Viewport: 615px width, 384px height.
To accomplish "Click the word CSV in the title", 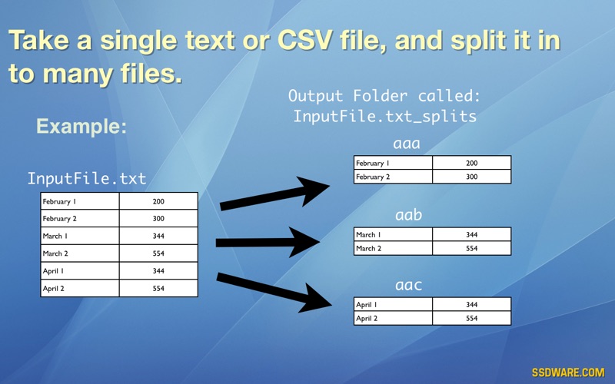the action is pyautogui.click(x=304, y=40).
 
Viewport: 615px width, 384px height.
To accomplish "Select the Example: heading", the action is pyautogui.click(x=81, y=126).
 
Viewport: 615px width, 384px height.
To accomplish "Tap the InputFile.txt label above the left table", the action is pyautogui.click(x=87, y=178).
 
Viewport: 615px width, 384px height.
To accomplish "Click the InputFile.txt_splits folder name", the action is pyautogui.click(x=385, y=117).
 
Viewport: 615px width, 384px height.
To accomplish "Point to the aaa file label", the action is pyautogui.click(x=407, y=144).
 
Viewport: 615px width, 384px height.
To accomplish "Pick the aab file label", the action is pyautogui.click(x=408, y=214).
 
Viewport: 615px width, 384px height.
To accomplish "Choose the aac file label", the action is pyautogui.click(x=408, y=285).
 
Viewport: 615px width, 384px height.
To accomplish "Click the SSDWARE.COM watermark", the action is pyautogui.click(x=568, y=372).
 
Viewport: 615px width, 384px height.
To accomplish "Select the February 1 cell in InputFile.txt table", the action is pyautogui.click(x=80, y=201).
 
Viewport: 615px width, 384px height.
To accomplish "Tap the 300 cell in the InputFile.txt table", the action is pyautogui.click(x=158, y=218).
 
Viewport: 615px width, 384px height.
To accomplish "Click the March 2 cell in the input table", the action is pyautogui.click(x=80, y=253).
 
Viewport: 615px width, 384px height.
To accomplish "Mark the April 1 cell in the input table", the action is pyautogui.click(x=80, y=271).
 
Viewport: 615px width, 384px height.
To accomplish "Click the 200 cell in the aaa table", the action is pyautogui.click(x=471, y=163).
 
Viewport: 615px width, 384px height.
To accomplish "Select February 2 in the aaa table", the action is pyautogui.click(x=393, y=177).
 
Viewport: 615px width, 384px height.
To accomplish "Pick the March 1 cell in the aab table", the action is pyautogui.click(x=393, y=234).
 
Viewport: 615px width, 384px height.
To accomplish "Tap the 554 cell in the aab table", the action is pyautogui.click(x=471, y=248).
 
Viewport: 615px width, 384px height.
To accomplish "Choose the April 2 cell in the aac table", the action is pyautogui.click(x=393, y=318).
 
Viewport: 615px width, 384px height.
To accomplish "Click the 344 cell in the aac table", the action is pyautogui.click(x=471, y=304).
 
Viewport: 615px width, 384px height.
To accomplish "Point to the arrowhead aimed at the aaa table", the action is pyautogui.click(x=313, y=190).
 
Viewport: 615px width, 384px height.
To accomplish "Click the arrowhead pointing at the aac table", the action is pyautogui.click(x=315, y=299).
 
